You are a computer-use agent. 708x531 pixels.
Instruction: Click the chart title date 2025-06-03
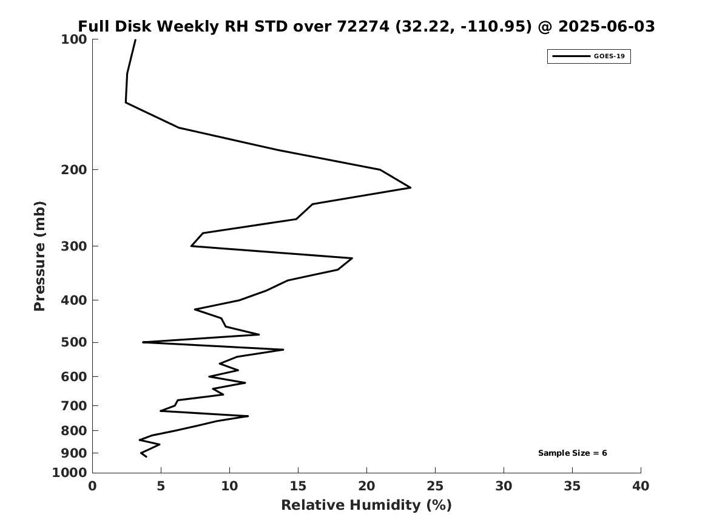click(607, 27)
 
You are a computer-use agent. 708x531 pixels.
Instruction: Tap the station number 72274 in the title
click(363, 27)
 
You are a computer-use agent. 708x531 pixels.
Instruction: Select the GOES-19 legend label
click(609, 56)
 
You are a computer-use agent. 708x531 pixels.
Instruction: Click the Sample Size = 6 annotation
click(573, 453)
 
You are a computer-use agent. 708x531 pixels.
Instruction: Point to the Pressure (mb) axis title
click(39, 256)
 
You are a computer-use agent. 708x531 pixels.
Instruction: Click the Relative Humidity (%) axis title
click(366, 505)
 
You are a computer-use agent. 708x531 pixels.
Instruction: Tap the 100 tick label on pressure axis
click(73, 39)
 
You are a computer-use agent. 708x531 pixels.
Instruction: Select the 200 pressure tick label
click(73, 170)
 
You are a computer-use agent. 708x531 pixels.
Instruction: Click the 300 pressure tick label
click(73, 246)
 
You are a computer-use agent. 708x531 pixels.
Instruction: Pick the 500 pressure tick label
click(73, 342)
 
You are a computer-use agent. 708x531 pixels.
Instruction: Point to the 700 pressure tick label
click(73, 406)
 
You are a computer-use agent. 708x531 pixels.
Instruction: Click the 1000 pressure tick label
click(70, 473)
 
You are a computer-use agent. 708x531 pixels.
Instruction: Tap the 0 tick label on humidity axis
click(93, 486)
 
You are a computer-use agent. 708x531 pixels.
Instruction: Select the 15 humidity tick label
click(298, 486)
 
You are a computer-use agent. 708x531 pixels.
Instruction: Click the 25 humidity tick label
click(435, 486)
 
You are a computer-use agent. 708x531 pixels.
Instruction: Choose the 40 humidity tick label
click(641, 486)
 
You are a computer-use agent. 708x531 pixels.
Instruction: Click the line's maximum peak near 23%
click(411, 188)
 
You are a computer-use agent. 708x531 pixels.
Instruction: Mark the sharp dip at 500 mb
click(143, 342)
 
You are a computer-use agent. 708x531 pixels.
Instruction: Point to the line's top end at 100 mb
click(135, 39)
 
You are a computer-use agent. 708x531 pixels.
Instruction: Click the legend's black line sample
click(571, 56)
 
